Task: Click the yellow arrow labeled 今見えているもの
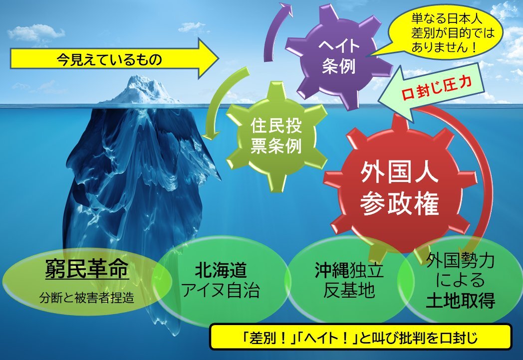coord(113,59)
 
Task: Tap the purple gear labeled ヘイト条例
coord(338,57)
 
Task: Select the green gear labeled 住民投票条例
coord(276,136)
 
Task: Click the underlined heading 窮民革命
coord(87,269)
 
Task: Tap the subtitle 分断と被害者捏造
coord(87,297)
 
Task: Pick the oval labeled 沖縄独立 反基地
coord(348,280)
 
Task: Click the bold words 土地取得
coord(461,301)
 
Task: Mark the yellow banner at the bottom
coord(360,337)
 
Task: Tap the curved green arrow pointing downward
coord(220,100)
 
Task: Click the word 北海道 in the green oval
coord(221,270)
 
